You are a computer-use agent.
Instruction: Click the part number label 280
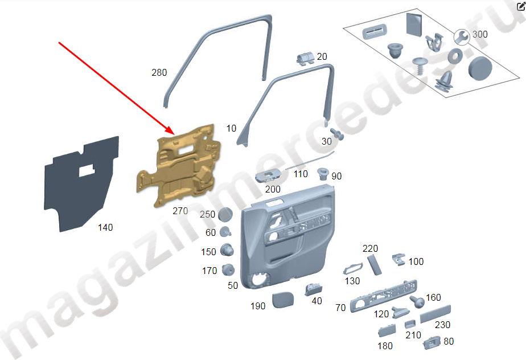click(x=159, y=72)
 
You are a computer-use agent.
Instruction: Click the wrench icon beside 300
click(x=462, y=37)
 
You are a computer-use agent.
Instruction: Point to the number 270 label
click(x=180, y=211)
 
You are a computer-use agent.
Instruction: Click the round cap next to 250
click(x=225, y=214)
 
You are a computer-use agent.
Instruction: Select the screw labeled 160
click(x=417, y=302)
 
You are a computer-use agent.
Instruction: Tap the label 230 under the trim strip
click(x=442, y=325)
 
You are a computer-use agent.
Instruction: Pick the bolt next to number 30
click(x=337, y=134)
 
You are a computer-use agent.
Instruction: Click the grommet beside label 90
click(x=323, y=174)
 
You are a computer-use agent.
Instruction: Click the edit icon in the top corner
click(x=521, y=6)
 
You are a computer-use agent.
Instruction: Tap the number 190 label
click(x=258, y=306)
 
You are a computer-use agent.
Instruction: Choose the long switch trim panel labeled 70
click(x=384, y=296)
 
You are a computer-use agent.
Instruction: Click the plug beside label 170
click(x=228, y=269)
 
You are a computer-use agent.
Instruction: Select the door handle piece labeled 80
click(x=432, y=343)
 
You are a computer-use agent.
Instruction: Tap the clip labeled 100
click(x=399, y=259)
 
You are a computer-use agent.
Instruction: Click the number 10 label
click(x=231, y=128)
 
